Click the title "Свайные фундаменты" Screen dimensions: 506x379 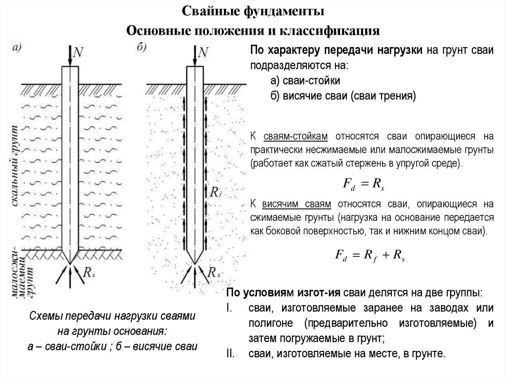(253, 11)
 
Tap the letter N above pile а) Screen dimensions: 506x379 (78, 52)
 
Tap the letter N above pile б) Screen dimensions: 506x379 (203, 52)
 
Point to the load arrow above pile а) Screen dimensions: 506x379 (70, 56)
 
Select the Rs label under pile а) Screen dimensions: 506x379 (89, 272)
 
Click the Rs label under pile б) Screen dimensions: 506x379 (213, 272)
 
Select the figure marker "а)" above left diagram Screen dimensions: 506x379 (16, 48)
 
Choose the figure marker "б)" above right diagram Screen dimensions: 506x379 (141, 47)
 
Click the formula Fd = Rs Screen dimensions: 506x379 (363, 184)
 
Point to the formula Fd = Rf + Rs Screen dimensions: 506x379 (370, 255)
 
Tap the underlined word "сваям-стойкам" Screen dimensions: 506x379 (295, 136)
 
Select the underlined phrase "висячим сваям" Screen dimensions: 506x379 (296, 205)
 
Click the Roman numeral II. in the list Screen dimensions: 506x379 (230, 353)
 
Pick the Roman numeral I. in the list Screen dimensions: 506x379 (229, 308)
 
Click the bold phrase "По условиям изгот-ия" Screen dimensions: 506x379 (283, 293)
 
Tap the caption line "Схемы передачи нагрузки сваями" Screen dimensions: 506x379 (112, 316)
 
